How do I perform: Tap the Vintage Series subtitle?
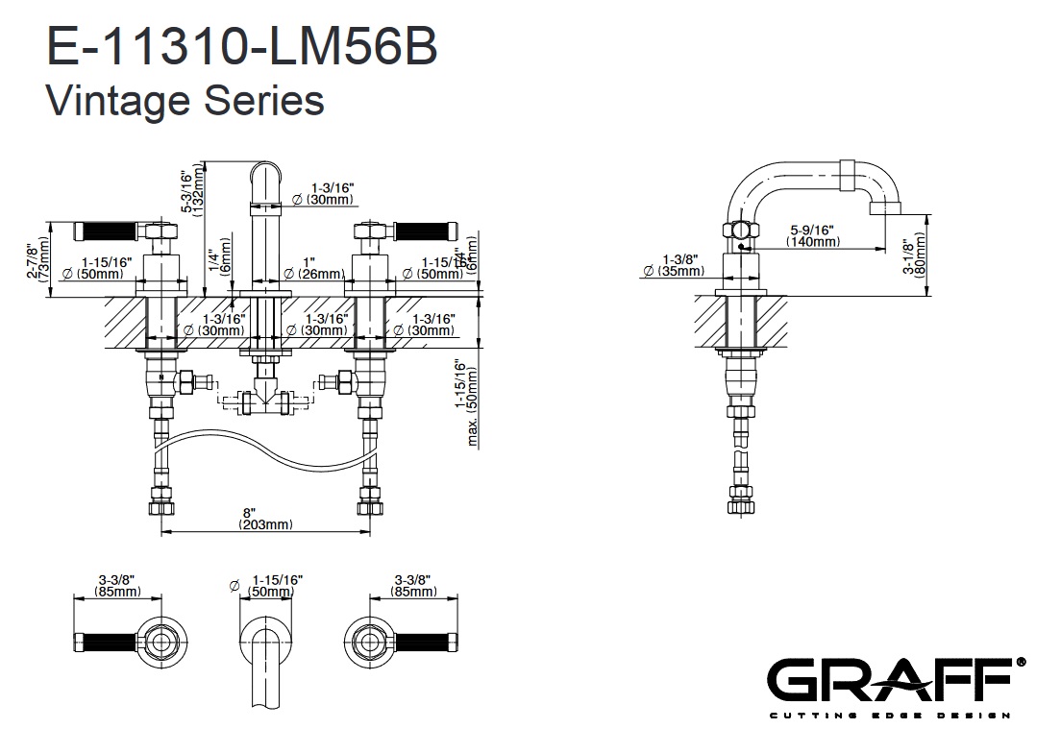point(185,99)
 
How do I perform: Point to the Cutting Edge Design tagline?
point(889,716)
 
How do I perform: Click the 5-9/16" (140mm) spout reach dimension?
point(812,235)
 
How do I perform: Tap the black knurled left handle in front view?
point(109,231)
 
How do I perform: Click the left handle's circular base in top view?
point(158,637)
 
